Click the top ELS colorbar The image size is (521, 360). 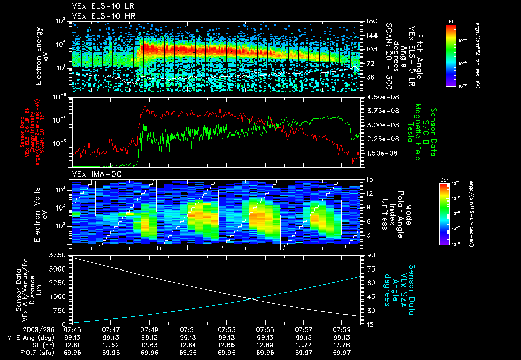pyautogui.click(x=450, y=55)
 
